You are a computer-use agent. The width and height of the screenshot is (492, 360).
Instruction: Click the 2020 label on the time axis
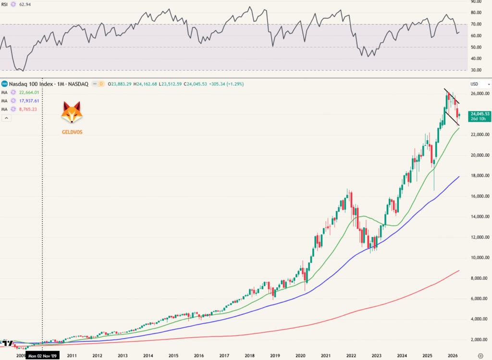tap(300, 356)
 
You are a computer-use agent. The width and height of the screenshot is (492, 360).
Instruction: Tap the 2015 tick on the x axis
tap(173, 356)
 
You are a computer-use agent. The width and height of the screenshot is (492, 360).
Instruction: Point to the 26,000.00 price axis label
tap(479, 93)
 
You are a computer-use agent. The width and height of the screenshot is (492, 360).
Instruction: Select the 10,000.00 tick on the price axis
tap(479, 258)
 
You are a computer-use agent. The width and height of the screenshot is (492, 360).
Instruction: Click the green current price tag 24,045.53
tap(480, 113)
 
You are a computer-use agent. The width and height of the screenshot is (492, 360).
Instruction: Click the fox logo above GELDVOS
tap(72, 113)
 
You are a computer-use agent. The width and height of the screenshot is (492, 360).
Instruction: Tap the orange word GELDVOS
tap(72, 132)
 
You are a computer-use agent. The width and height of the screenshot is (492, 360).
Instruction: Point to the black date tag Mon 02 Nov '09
tap(43, 356)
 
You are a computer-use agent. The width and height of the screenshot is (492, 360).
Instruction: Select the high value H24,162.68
tap(148, 84)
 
